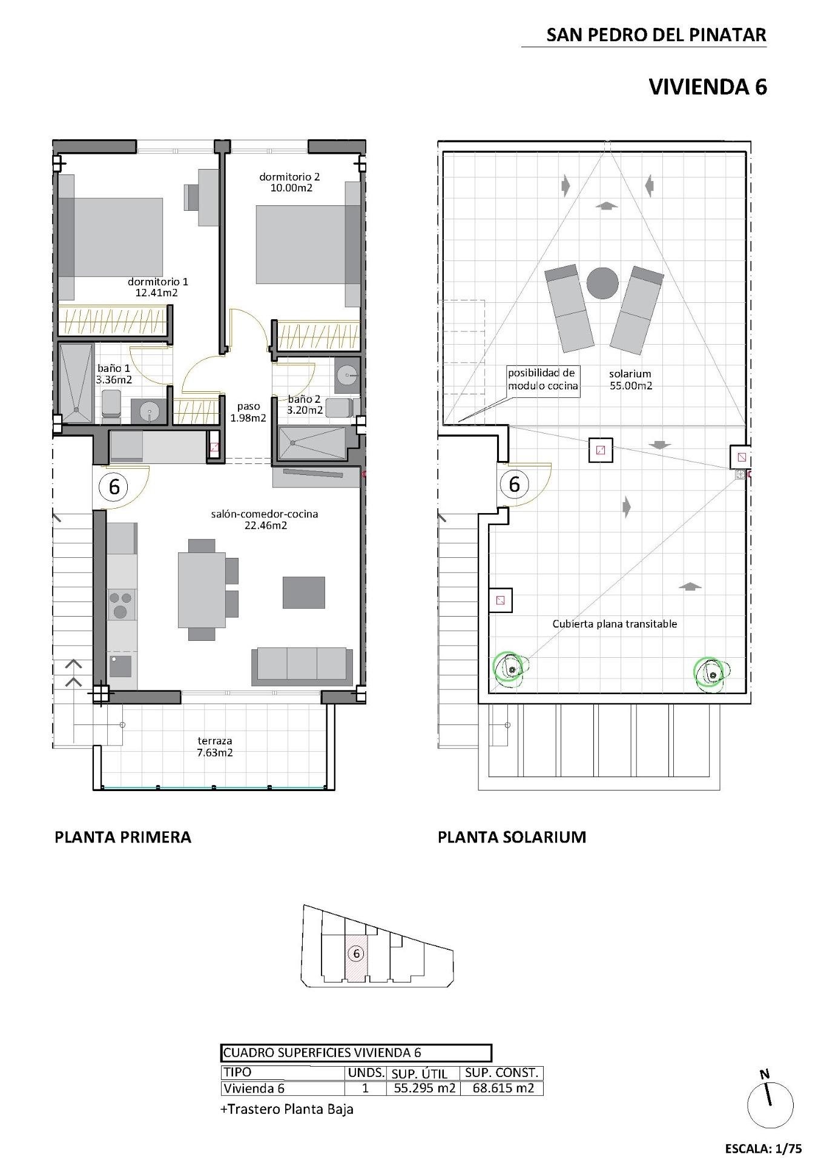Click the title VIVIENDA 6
click(x=707, y=87)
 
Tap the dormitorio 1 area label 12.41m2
click(x=157, y=293)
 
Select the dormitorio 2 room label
click(x=289, y=177)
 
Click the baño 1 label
click(x=113, y=368)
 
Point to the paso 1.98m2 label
click(x=248, y=413)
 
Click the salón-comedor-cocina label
click(x=265, y=515)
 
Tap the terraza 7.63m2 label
click(x=214, y=747)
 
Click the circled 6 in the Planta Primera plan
click(x=114, y=486)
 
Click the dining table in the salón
click(x=202, y=590)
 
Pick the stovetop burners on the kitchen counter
click(x=122, y=605)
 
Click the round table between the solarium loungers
click(x=602, y=283)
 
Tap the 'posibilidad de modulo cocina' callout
click(x=542, y=380)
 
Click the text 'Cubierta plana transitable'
click(x=614, y=624)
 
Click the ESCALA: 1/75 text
click(x=763, y=1148)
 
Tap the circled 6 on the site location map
click(x=356, y=954)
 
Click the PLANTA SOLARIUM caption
click(x=512, y=837)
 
